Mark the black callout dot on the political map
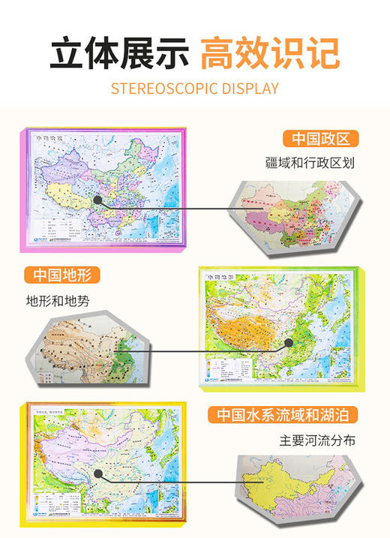[x=98, y=201]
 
